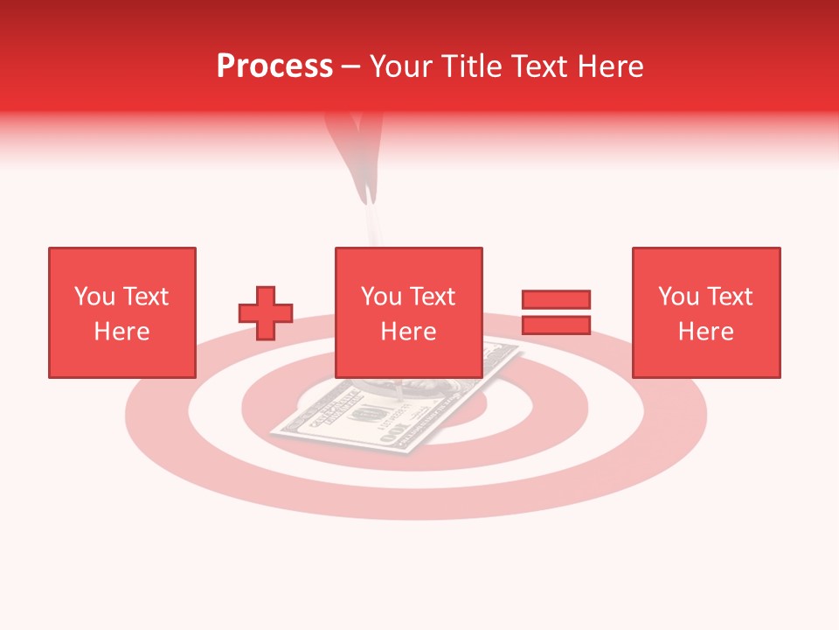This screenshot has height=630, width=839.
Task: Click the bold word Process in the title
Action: (x=274, y=66)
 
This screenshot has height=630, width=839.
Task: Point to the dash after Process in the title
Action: (x=351, y=66)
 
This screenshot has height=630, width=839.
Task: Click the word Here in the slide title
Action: (x=609, y=66)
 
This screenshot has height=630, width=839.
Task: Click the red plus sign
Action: (x=266, y=313)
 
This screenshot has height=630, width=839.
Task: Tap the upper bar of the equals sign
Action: (x=556, y=300)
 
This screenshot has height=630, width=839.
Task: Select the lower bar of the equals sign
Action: (x=556, y=325)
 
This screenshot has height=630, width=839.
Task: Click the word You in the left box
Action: (x=94, y=297)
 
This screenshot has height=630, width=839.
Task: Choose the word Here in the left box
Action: (x=121, y=332)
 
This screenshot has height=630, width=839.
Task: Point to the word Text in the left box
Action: (x=145, y=297)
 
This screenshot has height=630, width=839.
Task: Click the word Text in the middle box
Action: (x=433, y=297)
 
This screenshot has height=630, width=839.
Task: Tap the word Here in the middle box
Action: (x=408, y=332)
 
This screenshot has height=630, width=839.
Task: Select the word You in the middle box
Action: (x=381, y=297)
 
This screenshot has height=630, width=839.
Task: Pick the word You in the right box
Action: (x=678, y=297)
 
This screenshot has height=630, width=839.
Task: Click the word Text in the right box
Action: (x=730, y=297)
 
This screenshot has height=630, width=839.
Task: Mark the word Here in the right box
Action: (x=705, y=332)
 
